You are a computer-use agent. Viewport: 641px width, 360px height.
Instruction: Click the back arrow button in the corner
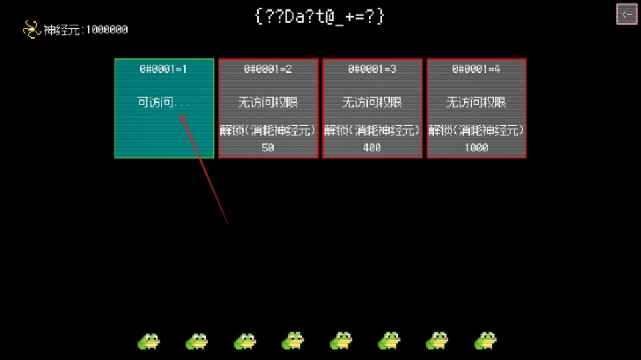point(626,14)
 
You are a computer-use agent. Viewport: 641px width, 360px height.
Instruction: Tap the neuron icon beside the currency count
point(31,29)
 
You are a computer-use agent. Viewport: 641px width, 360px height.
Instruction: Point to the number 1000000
point(107,30)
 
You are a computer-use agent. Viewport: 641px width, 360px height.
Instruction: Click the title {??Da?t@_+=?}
point(320,17)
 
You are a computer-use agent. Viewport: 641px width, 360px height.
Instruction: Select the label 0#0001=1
point(164,69)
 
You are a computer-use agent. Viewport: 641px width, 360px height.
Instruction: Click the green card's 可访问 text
point(155,102)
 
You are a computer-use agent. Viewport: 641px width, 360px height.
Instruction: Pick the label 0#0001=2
point(269,69)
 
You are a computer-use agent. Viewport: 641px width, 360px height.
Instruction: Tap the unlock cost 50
point(268,147)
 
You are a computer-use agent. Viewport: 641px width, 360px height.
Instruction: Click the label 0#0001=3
point(372,69)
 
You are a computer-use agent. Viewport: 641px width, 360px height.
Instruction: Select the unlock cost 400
point(372,147)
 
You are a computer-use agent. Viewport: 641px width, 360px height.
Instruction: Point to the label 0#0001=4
point(476,69)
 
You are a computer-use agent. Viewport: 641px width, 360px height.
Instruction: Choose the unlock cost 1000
point(476,147)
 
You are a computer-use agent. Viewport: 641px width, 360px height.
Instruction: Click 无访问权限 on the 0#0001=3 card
point(372,102)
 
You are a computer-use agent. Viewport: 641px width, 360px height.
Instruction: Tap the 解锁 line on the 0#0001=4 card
point(476,130)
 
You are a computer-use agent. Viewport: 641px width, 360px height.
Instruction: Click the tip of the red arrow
point(181,115)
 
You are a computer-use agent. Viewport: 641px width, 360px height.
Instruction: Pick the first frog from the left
point(149,342)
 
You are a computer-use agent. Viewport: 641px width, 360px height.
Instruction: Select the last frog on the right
point(485,342)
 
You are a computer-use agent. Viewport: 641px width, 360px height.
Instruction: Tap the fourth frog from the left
point(292,342)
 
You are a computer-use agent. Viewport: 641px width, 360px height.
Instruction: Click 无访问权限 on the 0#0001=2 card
point(269,102)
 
